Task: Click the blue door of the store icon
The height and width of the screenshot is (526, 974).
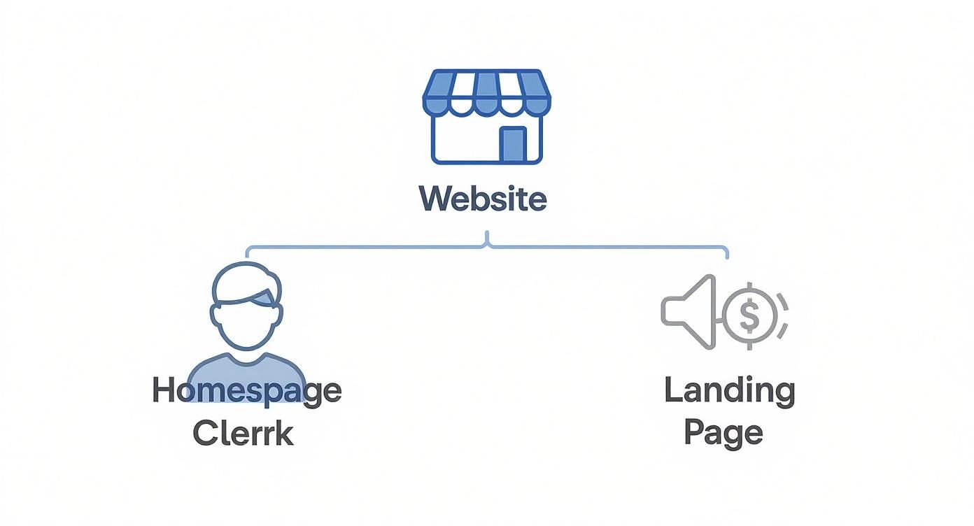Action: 513,145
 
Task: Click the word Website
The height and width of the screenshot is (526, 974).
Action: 483,198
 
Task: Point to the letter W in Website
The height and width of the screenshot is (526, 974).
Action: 432,198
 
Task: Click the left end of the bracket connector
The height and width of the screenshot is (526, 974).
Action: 246,253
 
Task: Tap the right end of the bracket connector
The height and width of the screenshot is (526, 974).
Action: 727,253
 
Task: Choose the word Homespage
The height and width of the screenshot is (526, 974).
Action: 246,390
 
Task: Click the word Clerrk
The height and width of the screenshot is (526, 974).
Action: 242,433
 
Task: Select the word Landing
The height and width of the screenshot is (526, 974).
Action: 729,390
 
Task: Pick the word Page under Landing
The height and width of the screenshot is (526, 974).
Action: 723,433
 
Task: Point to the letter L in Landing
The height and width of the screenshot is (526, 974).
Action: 672,390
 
